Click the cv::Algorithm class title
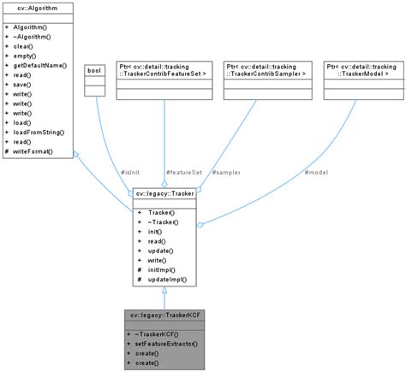click(x=33, y=8)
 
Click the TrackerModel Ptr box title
click(x=360, y=70)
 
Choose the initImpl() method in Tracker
click(x=157, y=269)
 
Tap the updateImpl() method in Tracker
click(x=161, y=280)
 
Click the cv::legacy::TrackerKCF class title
click(x=164, y=316)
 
